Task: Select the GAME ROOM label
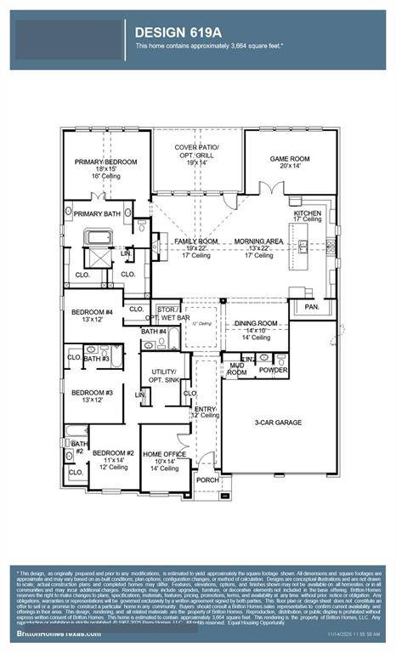coord(290,159)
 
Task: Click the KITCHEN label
coord(308,213)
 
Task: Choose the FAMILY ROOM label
coord(196,241)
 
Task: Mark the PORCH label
coord(206,480)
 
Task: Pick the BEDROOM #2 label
coord(113,454)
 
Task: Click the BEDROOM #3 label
coord(92,392)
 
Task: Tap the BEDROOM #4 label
coord(92,312)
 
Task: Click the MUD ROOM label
coord(236,369)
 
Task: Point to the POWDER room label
coord(273,371)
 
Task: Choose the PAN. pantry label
coord(311,306)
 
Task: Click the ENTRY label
coord(206,409)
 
